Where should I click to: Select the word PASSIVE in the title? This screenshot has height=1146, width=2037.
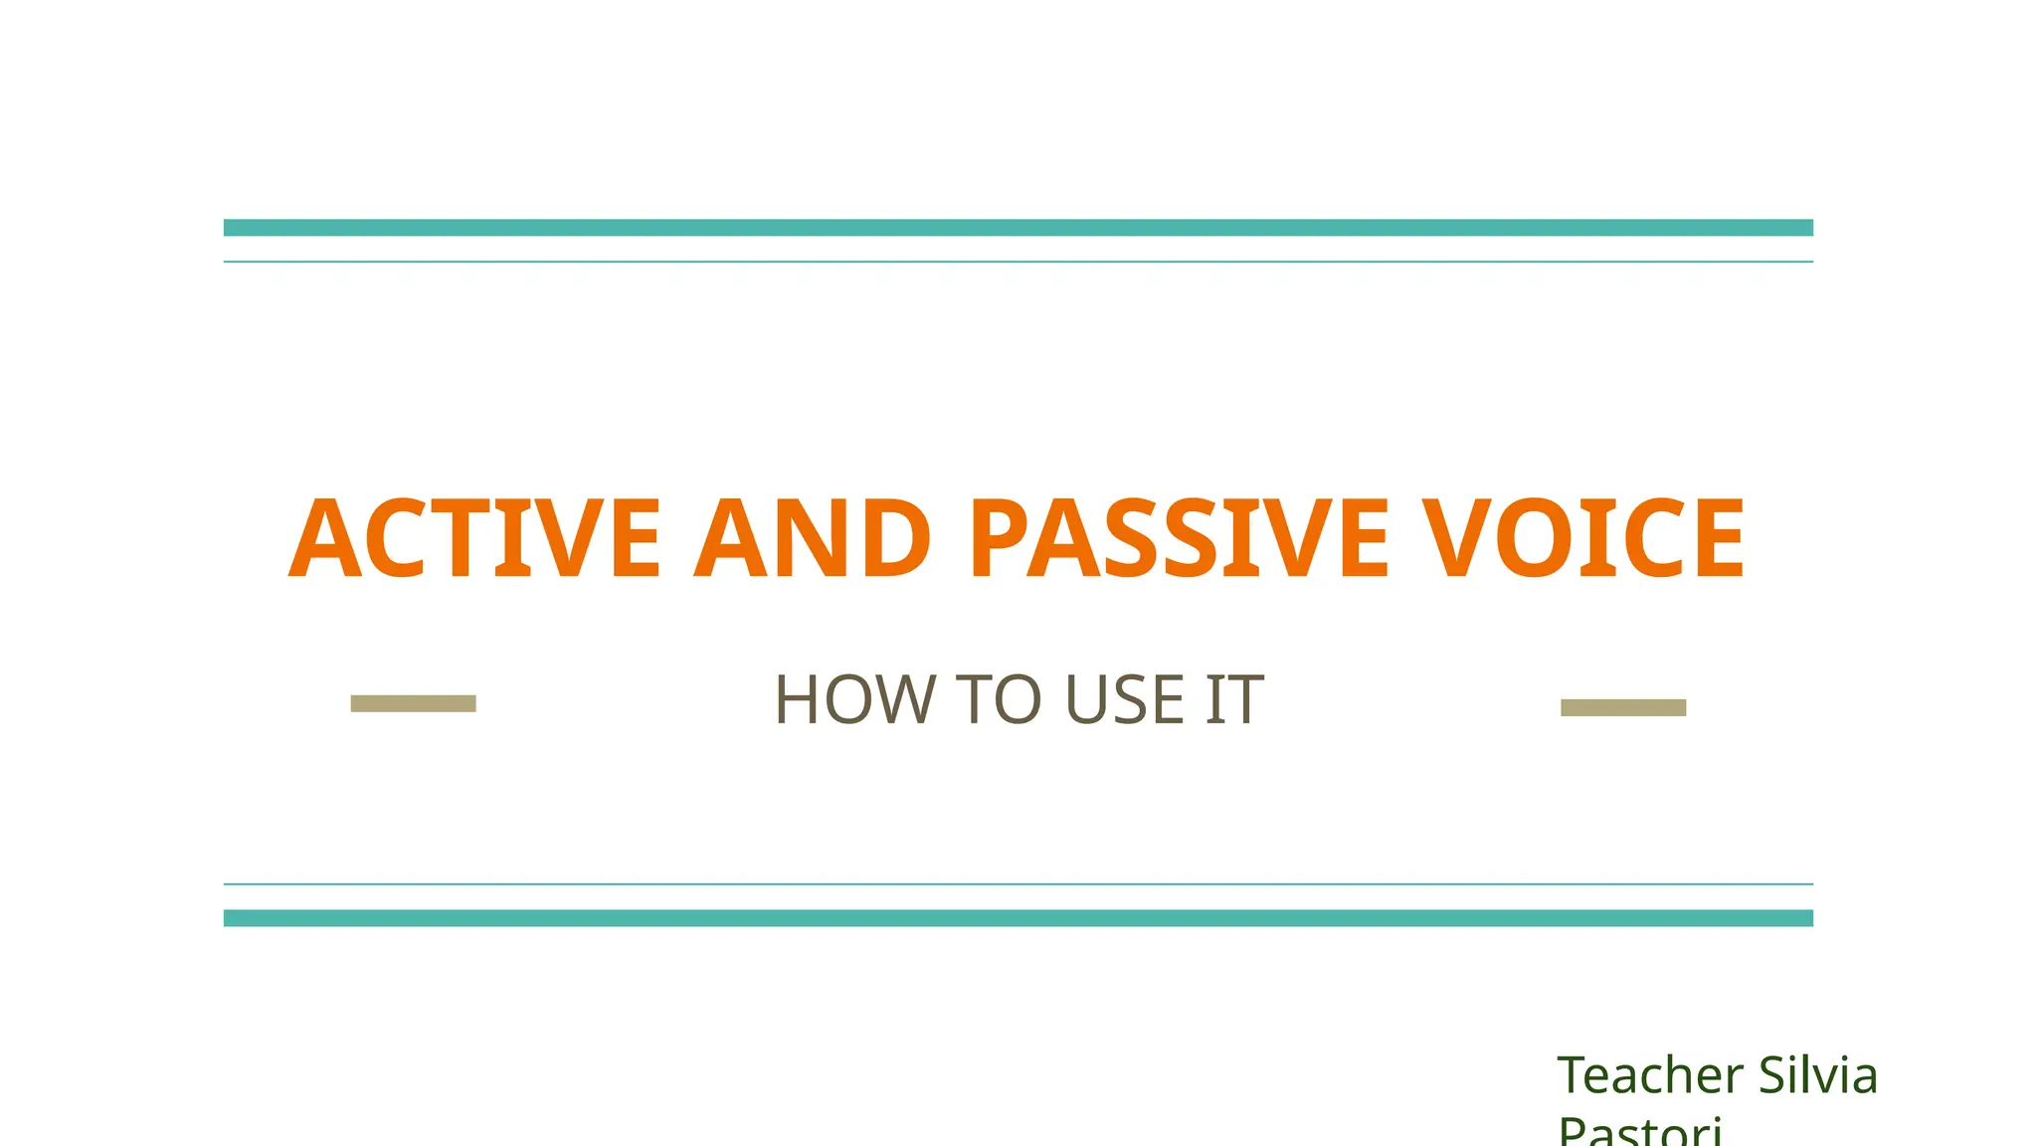pyautogui.click(x=1178, y=538)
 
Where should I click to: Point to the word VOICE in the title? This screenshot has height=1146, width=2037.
pyautogui.click(x=1582, y=538)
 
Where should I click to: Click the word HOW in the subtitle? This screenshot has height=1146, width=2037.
pyautogui.click(x=855, y=699)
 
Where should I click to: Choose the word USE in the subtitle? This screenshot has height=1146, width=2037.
pyautogui.click(x=1124, y=699)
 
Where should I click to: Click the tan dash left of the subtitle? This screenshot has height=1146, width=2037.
pyautogui.click(x=413, y=703)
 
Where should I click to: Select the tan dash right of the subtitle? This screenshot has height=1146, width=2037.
pyautogui.click(x=1623, y=707)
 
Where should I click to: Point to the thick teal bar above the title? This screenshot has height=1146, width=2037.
pyautogui.click(x=1018, y=228)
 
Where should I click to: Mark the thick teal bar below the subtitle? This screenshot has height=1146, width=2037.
pyautogui.click(x=1018, y=918)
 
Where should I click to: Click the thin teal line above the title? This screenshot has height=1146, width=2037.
pyautogui.click(x=1018, y=262)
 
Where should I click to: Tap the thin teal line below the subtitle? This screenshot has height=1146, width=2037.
pyautogui.click(x=1018, y=883)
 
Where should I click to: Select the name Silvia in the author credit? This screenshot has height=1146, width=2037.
pyautogui.click(x=1818, y=1075)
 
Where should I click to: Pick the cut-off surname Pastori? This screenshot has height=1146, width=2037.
pyautogui.click(x=1639, y=1132)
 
